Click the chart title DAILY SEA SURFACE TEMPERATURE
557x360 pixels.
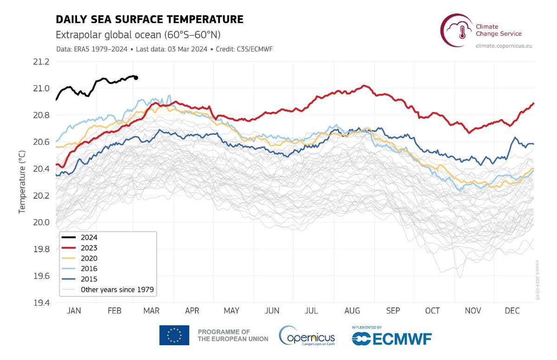pos(149,19)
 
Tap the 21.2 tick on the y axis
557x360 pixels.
pos(39,62)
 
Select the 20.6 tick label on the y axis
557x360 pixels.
pos(39,142)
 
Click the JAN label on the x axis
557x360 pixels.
pos(74,311)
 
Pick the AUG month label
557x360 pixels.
pos(353,311)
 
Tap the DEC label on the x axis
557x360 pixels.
pos(513,311)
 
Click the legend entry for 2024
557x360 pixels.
pos(88,238)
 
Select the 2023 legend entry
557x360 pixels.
pos(88,248)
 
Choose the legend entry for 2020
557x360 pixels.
pos(88,258)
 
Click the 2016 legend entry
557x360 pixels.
pos(88,269)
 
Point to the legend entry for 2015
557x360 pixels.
pos(88,279)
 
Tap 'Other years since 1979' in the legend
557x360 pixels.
pos(117,290)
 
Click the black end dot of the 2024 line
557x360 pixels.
pos(136,78)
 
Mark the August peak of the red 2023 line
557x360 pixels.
pos(364,86)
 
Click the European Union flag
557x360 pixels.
pos(174,335)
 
